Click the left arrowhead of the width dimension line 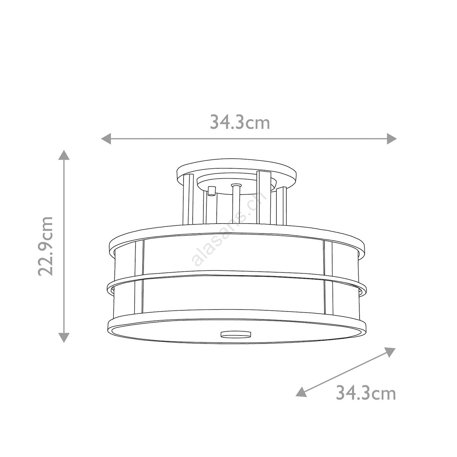pyautogui.click(x=106, y=139)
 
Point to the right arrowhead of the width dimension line pyautogui.click(x=391, y=139)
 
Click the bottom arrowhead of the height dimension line pyautogui.click(x=64, y=338)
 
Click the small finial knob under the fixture pyautogui.click(x=235, y=334)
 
